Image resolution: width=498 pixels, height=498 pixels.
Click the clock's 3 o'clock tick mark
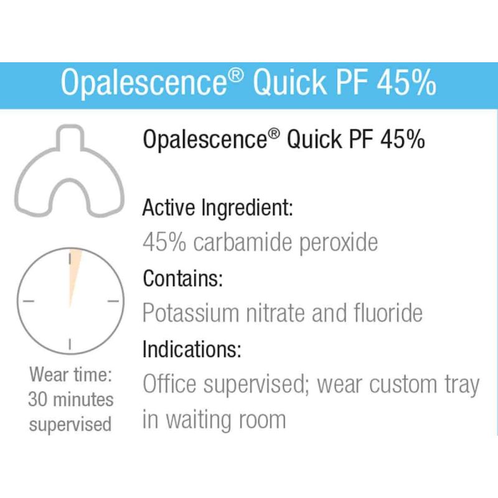(x=113, y=301)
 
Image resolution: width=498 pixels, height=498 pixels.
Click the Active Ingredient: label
(x=217, y=208)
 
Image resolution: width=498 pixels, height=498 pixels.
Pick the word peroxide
(x=339, y=242)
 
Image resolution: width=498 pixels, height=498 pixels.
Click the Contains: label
(x=182, y=278)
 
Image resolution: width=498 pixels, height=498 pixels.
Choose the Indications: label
(x=192, y=349)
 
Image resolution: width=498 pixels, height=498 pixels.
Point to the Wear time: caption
(x=70, y=375)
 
